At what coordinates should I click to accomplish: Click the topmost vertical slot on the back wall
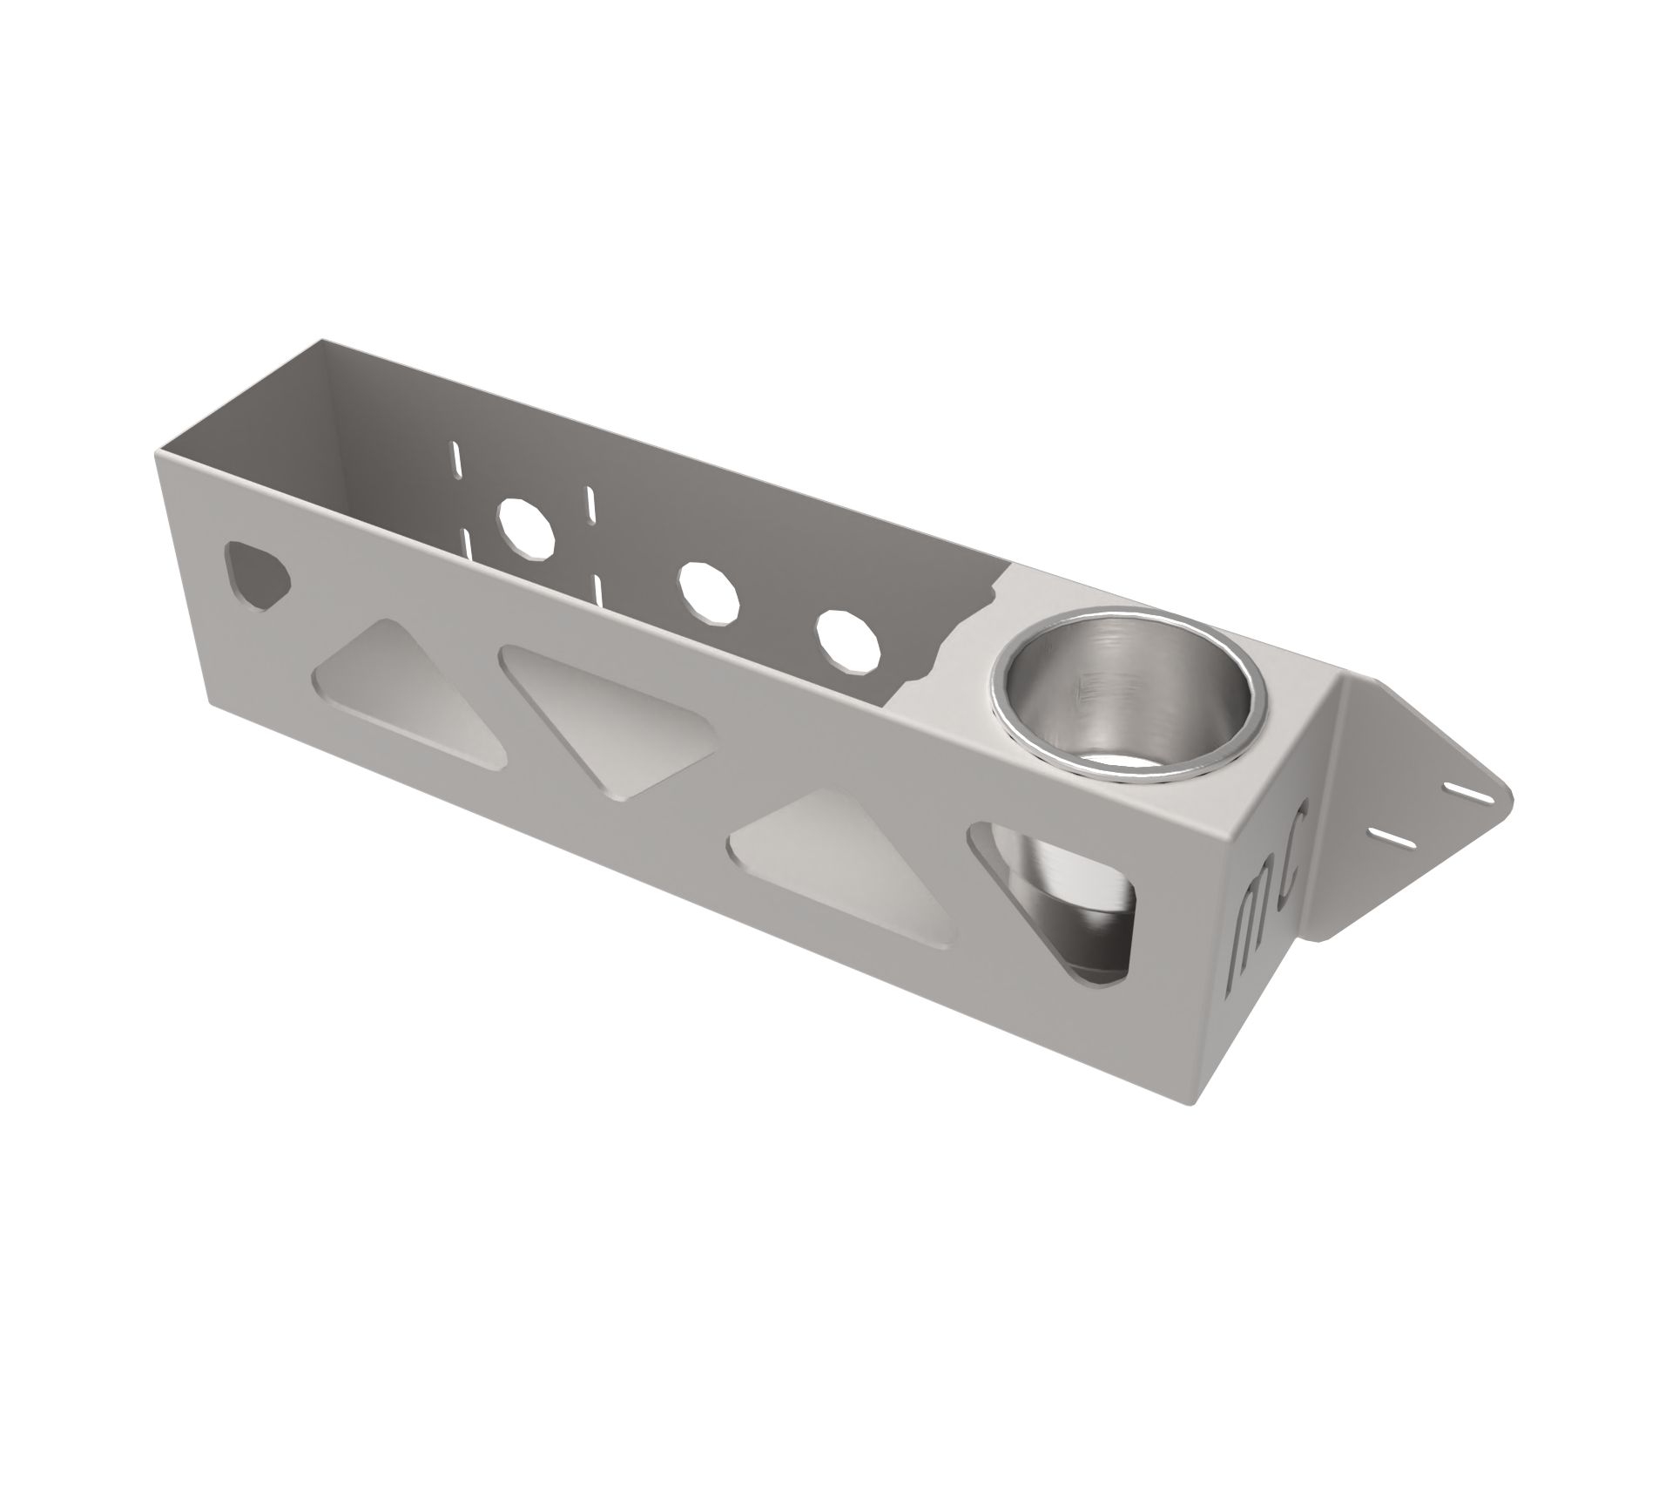pos(454,459)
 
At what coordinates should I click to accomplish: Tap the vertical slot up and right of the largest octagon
pos(590,503)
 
